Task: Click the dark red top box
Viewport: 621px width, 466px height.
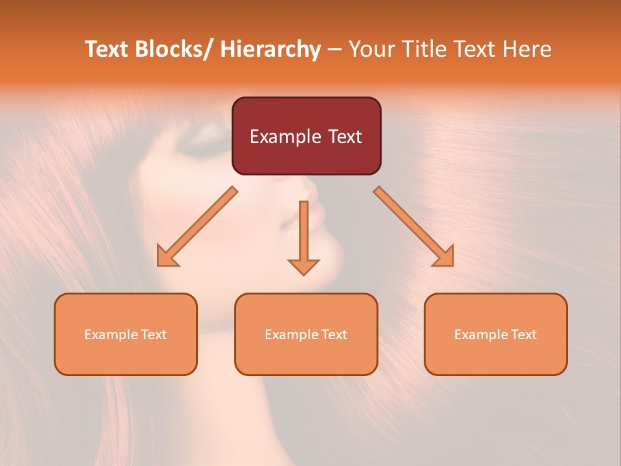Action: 306,136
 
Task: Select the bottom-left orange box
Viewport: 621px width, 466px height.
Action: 125,334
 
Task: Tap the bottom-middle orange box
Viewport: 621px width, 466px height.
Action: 306,334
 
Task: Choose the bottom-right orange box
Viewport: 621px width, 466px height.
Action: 496,334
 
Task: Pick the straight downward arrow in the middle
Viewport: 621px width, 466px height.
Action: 303,239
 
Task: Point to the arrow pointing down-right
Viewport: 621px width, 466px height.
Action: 415,228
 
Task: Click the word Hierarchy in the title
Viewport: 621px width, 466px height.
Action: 270,49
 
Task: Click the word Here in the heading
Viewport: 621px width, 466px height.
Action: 528,49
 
